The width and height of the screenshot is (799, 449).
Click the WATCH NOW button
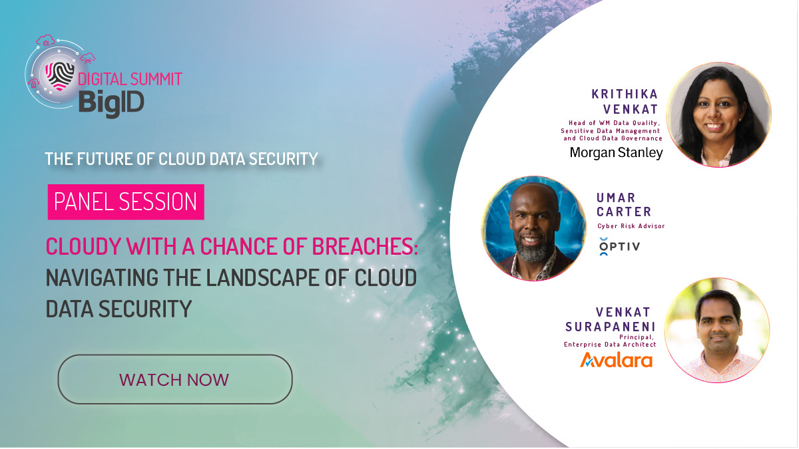174,379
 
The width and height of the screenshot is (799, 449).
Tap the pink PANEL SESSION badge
126,202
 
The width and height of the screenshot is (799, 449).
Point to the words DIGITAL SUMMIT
130,79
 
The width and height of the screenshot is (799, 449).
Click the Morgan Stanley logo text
616,153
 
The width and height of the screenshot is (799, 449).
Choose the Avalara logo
616,360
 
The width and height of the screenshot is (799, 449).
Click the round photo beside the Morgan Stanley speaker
718,114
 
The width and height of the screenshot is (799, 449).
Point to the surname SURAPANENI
611,326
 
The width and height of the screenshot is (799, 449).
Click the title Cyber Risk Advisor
631,226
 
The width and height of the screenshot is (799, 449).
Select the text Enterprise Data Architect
610,344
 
